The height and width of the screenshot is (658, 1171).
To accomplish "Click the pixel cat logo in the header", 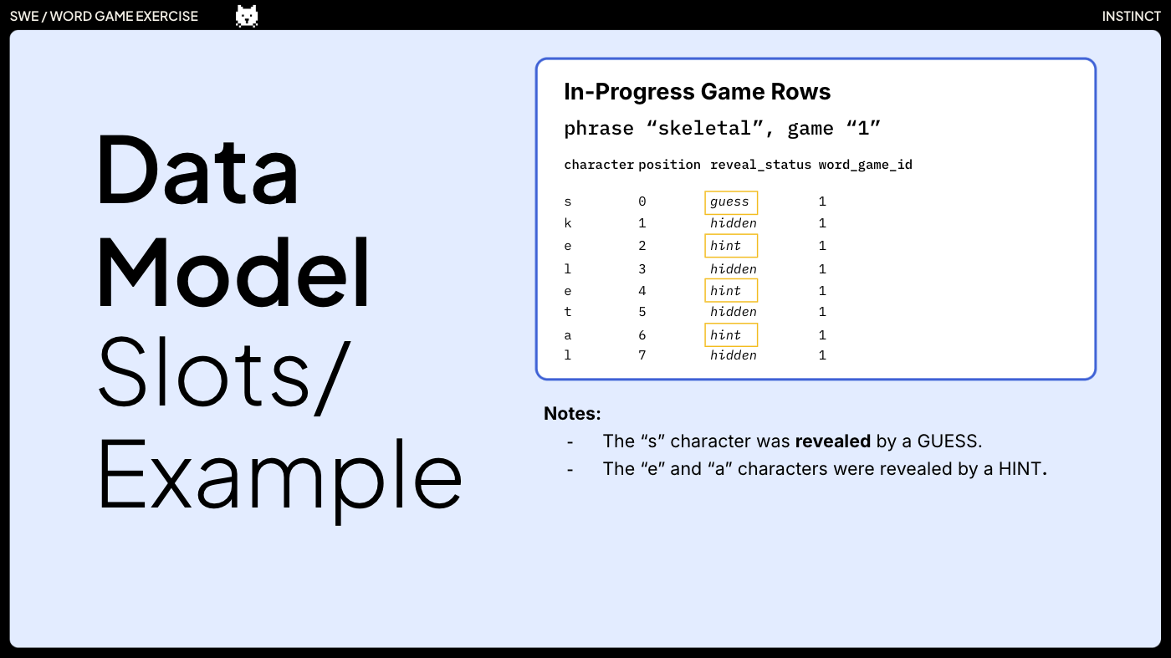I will click(x=247, y=16).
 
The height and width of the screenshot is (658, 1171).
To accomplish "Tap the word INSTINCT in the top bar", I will click(x=1131, y=17).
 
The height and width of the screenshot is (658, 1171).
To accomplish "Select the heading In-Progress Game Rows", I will click(x=697, y=92).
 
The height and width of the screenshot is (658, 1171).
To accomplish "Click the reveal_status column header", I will click(x=760, y=165).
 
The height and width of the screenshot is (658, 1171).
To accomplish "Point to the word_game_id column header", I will click(x=865, y=165).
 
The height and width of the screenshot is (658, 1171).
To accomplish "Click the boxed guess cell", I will click(x=730, y=202).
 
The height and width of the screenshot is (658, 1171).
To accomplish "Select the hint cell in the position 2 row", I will click(x=730, y=246).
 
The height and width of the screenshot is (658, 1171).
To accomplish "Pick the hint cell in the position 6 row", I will click(x=730, y=335).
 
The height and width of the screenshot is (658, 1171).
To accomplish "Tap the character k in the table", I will click(x=568, y=223).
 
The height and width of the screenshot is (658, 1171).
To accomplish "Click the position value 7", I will click(x=642, y=355).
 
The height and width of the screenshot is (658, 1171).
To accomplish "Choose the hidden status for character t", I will click(x=733, y=312).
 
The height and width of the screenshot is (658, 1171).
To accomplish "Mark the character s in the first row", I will click(x=568, y=202).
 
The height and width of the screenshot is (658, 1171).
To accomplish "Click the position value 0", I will click(x=642, y=202).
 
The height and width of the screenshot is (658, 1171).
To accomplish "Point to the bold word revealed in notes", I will click(x=832, y=441).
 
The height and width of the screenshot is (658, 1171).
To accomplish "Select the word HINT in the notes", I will click(x=1020, y=469).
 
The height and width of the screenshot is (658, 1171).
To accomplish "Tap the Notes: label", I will click(x=572, y=414).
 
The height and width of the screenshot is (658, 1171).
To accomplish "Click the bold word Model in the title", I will click(x=234, y=273).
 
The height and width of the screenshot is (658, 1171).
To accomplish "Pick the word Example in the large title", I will click(x=280, y=477).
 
